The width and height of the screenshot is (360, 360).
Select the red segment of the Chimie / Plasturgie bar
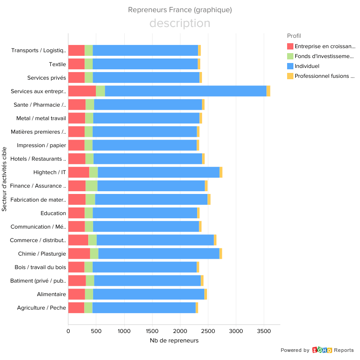[x=79, y=253]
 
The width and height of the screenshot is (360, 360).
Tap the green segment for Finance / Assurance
[x=91, y=185]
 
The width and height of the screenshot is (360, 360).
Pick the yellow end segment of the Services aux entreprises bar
[x=268, y=90]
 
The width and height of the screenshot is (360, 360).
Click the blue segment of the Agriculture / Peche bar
[x=144, y=308]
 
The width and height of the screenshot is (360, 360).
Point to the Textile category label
[x=58, y=64]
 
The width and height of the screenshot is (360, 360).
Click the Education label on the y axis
[x=53, y=213]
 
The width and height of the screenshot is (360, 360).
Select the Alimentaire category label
[x=51, y=294]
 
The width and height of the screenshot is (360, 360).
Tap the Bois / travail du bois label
[x=40, y=267]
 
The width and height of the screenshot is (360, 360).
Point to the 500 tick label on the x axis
[x=96, y=331]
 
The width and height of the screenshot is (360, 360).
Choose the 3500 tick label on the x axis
[x=264, y=331]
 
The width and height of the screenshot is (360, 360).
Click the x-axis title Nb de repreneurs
[x=174, y=341]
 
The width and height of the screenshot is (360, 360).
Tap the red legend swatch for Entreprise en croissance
[x=290, y=46]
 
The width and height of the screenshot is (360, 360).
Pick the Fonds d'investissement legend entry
[x=324, y=56]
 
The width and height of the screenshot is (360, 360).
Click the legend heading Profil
[x=294, y=36]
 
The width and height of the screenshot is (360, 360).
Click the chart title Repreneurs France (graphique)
[x=180, y=10]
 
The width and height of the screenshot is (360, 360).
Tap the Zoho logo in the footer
[x=322, y=350]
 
